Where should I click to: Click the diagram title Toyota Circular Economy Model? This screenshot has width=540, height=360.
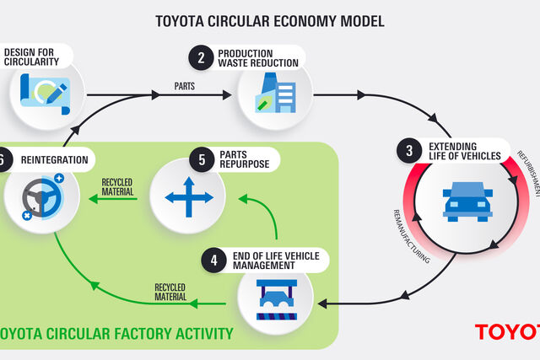(270, 21)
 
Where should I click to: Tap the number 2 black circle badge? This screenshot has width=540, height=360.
(201, 58)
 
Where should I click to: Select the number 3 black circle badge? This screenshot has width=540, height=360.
(409, 150)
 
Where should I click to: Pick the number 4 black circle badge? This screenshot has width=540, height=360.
(213, 261)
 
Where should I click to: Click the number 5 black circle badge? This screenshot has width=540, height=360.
(202, 159)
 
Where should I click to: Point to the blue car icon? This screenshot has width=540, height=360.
(467, 201)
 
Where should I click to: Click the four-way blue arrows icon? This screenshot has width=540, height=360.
(189, 197)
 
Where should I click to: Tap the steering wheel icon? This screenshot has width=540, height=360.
(43, 197)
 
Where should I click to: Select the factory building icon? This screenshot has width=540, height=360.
(276, 93)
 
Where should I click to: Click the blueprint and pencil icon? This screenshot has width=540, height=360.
(45, 94)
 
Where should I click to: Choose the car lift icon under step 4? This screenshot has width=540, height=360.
(277, 300)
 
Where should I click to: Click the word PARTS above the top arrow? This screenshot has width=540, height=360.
(185, 86)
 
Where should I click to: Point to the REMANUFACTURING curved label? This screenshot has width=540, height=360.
(412, 237)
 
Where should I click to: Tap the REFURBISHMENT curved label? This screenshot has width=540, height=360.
(529, 173)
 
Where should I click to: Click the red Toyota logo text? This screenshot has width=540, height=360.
(507, 332)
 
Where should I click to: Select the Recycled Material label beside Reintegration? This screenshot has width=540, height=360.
(117, 187)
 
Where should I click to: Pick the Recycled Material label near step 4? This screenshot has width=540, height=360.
(170, 292)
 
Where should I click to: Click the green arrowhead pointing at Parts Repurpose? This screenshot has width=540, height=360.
(243, 199)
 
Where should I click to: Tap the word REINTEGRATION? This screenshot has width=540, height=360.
(54, 160)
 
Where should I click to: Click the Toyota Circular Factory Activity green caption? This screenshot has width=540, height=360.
(116, 334)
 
